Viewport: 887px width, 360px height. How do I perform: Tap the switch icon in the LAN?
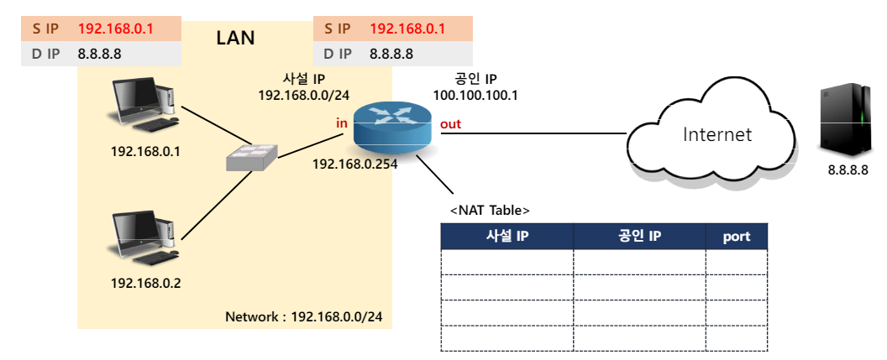coord(251,157)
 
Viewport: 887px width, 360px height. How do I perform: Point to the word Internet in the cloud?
coord(716,134)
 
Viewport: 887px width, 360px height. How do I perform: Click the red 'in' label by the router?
coord(342,123)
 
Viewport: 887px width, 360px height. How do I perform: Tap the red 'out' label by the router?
coord(451,124)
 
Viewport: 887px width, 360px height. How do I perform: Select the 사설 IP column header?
coord(507,237)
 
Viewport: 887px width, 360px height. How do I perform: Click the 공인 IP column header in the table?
coord(639,237)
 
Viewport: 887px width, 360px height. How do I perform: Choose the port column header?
coord(736,237)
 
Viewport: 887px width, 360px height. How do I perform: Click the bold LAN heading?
coord(235,38)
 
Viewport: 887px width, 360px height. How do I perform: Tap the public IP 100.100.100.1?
coord(475,96)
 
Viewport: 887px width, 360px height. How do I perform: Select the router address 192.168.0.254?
coord(354,164)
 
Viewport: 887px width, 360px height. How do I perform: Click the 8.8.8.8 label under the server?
coord(846,170)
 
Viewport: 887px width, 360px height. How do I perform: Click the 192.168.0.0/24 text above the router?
coord(304,96)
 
